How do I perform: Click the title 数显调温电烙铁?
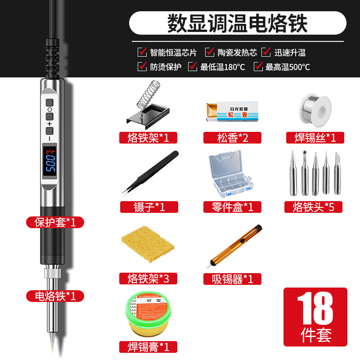[x=237, y=22]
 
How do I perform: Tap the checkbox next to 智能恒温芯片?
[x=142, y=52]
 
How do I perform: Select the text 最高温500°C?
[x=288, y=67]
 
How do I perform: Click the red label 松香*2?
[x=233, y=137]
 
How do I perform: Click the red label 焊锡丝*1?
[x=315, y=137]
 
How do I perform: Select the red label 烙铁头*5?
[x=313, y=207]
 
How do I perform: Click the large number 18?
[x=315, y=308]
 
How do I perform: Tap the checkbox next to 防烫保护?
[x=142, y=67]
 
